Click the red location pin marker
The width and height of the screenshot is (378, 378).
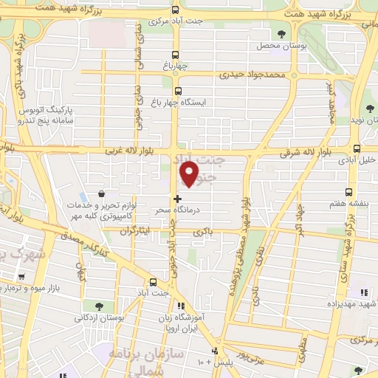pyautogui.click(x=190, y=174)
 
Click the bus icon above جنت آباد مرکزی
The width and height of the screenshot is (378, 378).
pyautogui.click(x=175, y=10)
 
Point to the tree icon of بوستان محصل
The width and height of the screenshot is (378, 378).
pyautogui.click(x=281, y=33)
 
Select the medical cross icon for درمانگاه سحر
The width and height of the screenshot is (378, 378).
pyautogui.click(x=177, y=199)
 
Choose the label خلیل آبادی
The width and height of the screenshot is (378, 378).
pyautogui.click(x=357, y=159)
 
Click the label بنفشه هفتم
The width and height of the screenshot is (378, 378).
pyautogui.click(x=357, y=182)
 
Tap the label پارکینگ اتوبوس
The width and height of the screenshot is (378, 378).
pyautogui.click(x=63, y=111)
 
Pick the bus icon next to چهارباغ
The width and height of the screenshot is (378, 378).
pyautogui.click(x=175, y=55)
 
